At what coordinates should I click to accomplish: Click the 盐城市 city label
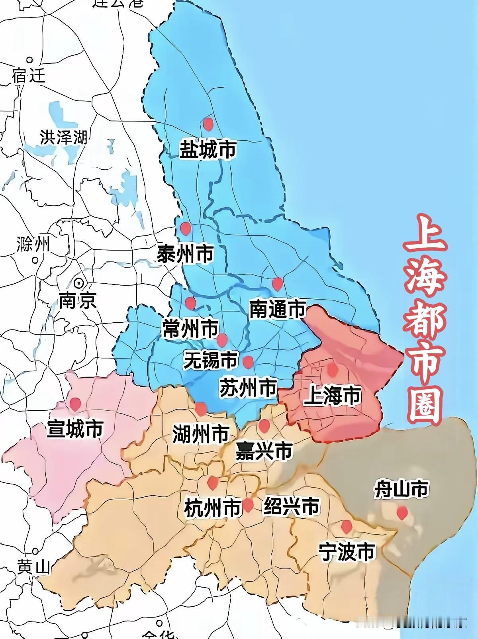208,149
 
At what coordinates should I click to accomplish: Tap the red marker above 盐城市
208,123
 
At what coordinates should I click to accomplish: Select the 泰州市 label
185,253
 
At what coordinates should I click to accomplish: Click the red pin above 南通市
277,284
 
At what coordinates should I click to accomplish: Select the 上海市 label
332,396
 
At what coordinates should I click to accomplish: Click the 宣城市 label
75,429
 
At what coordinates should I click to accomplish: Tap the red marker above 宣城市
75,404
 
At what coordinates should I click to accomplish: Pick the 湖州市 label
201,433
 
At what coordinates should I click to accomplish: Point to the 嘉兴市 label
264,452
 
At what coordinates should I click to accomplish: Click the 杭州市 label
213,508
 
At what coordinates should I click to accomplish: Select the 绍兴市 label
292,506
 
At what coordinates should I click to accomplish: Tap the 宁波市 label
347,552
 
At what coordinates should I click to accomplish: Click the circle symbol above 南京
79,283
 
